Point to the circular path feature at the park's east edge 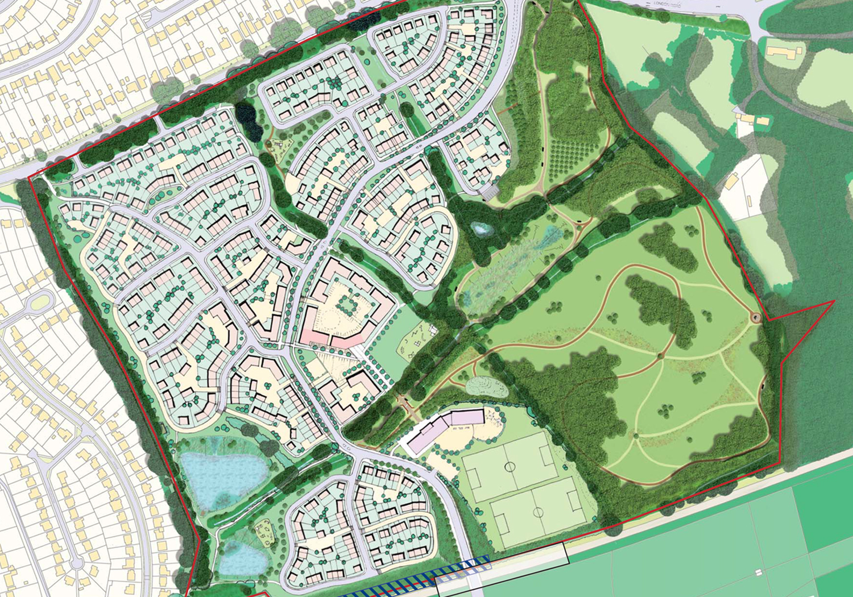[755, 317]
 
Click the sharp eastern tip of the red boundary [834, 301]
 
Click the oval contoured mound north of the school [486, 387]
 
